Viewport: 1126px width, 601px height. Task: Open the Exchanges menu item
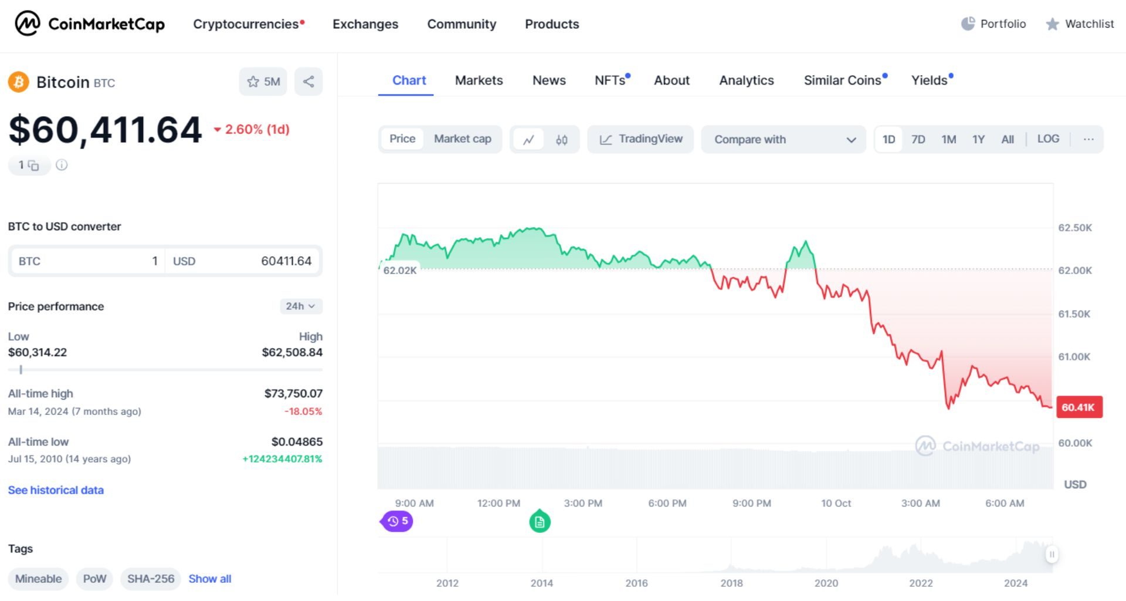pyautogui.click(x=365, y=24)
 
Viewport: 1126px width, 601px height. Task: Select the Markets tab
pyautogui.click(x=479, y=80)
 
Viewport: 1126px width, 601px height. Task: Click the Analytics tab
pyautogui.click(x=746, y=80)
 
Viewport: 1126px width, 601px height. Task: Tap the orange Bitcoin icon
pyautogui.click(x=19, y=82)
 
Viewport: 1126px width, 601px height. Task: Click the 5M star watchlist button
pyautogui.click(x=263, y=82)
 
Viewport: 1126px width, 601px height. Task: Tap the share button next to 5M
pyautogui.click(x=308, y=82)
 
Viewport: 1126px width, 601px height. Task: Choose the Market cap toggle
pyautogui.click(x=462, y=139)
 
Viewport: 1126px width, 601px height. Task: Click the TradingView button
pyautogui.click(x=640, y=139)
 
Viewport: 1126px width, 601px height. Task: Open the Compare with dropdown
pyautogui.click(x=784, y=140)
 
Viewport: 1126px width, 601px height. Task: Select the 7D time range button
pyautogui.click(x=918, y=140)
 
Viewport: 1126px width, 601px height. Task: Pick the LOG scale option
pyautogui.click(x=1048, y=139)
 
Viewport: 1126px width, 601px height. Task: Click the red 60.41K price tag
pyautogui.click(x=1078, y=407)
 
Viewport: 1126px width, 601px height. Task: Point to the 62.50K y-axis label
pyautogui.click(x=1074, y=228)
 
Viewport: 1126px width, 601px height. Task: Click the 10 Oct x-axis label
pyautogui.click(x=836, y=504)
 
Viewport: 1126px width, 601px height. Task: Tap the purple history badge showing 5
pyautogui.click(x=398, y=521)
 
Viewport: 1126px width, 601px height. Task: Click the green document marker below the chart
pyautogui.click(x=540, y=522)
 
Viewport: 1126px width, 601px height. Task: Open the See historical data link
pyautogui.click(x=56, y=490)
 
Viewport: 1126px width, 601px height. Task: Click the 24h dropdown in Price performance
pyautogui.click(x=300, y=306)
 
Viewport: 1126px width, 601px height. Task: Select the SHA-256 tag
pyautogui.click(x=151, y=579)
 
